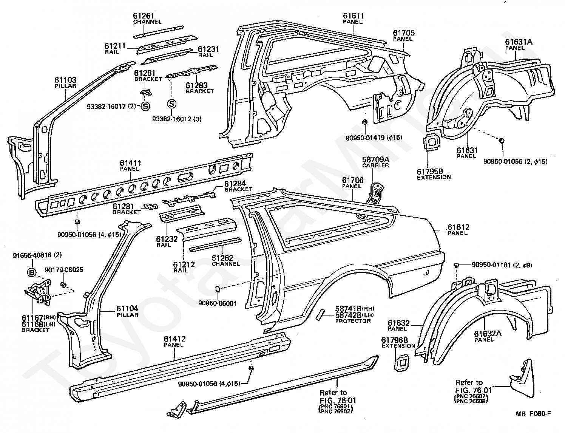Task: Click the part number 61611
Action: pos(354,16)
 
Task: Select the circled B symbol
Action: pos(31,272)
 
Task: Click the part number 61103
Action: pos(65,80)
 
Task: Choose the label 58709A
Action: pos(376,159)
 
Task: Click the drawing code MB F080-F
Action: pos(533,414)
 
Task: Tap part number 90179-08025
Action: pos(64,270)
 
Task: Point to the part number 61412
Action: pos(174,339)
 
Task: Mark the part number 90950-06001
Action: pos(218,303)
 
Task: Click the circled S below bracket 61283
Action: pos(171,104)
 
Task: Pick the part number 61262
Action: pos(222,258)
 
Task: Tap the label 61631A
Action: pos(519,42)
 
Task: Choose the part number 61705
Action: pos(404,33)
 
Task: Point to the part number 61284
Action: pos(235,184)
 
